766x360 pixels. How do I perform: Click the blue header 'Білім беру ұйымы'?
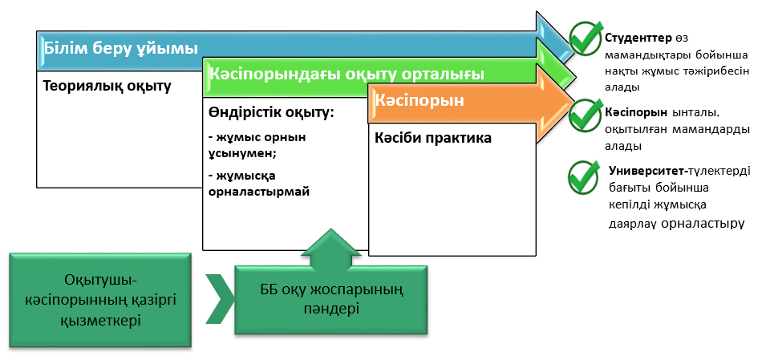point(121,48)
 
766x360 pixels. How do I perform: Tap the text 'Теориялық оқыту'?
point(107,86)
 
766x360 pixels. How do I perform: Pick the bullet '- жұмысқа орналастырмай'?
point(258,184)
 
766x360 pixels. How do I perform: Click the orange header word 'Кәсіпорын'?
point(419,102)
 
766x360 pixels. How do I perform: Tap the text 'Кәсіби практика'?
point(433,138)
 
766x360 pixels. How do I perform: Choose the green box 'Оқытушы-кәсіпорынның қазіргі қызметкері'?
point(101,300)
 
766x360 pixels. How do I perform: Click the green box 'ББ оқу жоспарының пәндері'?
point(330,300)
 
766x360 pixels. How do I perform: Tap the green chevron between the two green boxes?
point(219,299)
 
